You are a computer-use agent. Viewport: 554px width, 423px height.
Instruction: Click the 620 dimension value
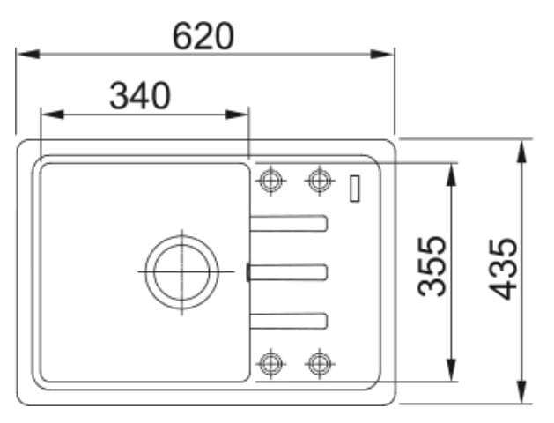point(203,36)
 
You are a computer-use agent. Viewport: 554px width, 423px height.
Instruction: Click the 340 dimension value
point(140,95)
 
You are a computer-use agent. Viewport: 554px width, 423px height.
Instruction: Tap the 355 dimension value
point(432,266)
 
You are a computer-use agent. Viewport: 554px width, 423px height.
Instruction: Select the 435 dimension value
point(502,270)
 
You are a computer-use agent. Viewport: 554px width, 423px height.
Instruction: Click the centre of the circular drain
point(182,271)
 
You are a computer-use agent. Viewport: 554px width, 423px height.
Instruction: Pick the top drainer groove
point(288,223)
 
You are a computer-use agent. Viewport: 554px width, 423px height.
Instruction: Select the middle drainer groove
point(287,272)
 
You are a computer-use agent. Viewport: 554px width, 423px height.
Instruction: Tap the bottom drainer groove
point(288,321)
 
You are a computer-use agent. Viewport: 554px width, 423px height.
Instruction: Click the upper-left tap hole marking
point(270,181)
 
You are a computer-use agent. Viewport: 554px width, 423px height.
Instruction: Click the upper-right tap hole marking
point(320,181)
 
